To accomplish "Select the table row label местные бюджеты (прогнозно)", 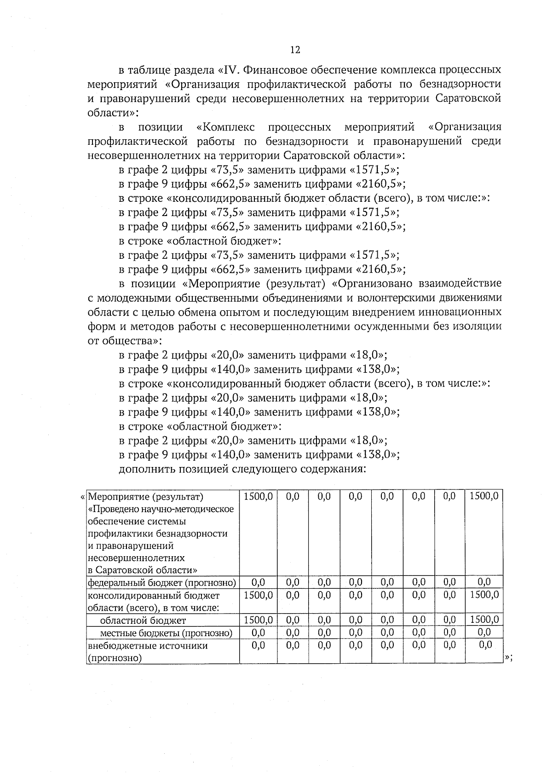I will [x=166, y=633].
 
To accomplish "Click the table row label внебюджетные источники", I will [x=147, y=645].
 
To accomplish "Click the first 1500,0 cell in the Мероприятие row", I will [x=258, y=496].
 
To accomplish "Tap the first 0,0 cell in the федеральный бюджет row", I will [x=258, y=583].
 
